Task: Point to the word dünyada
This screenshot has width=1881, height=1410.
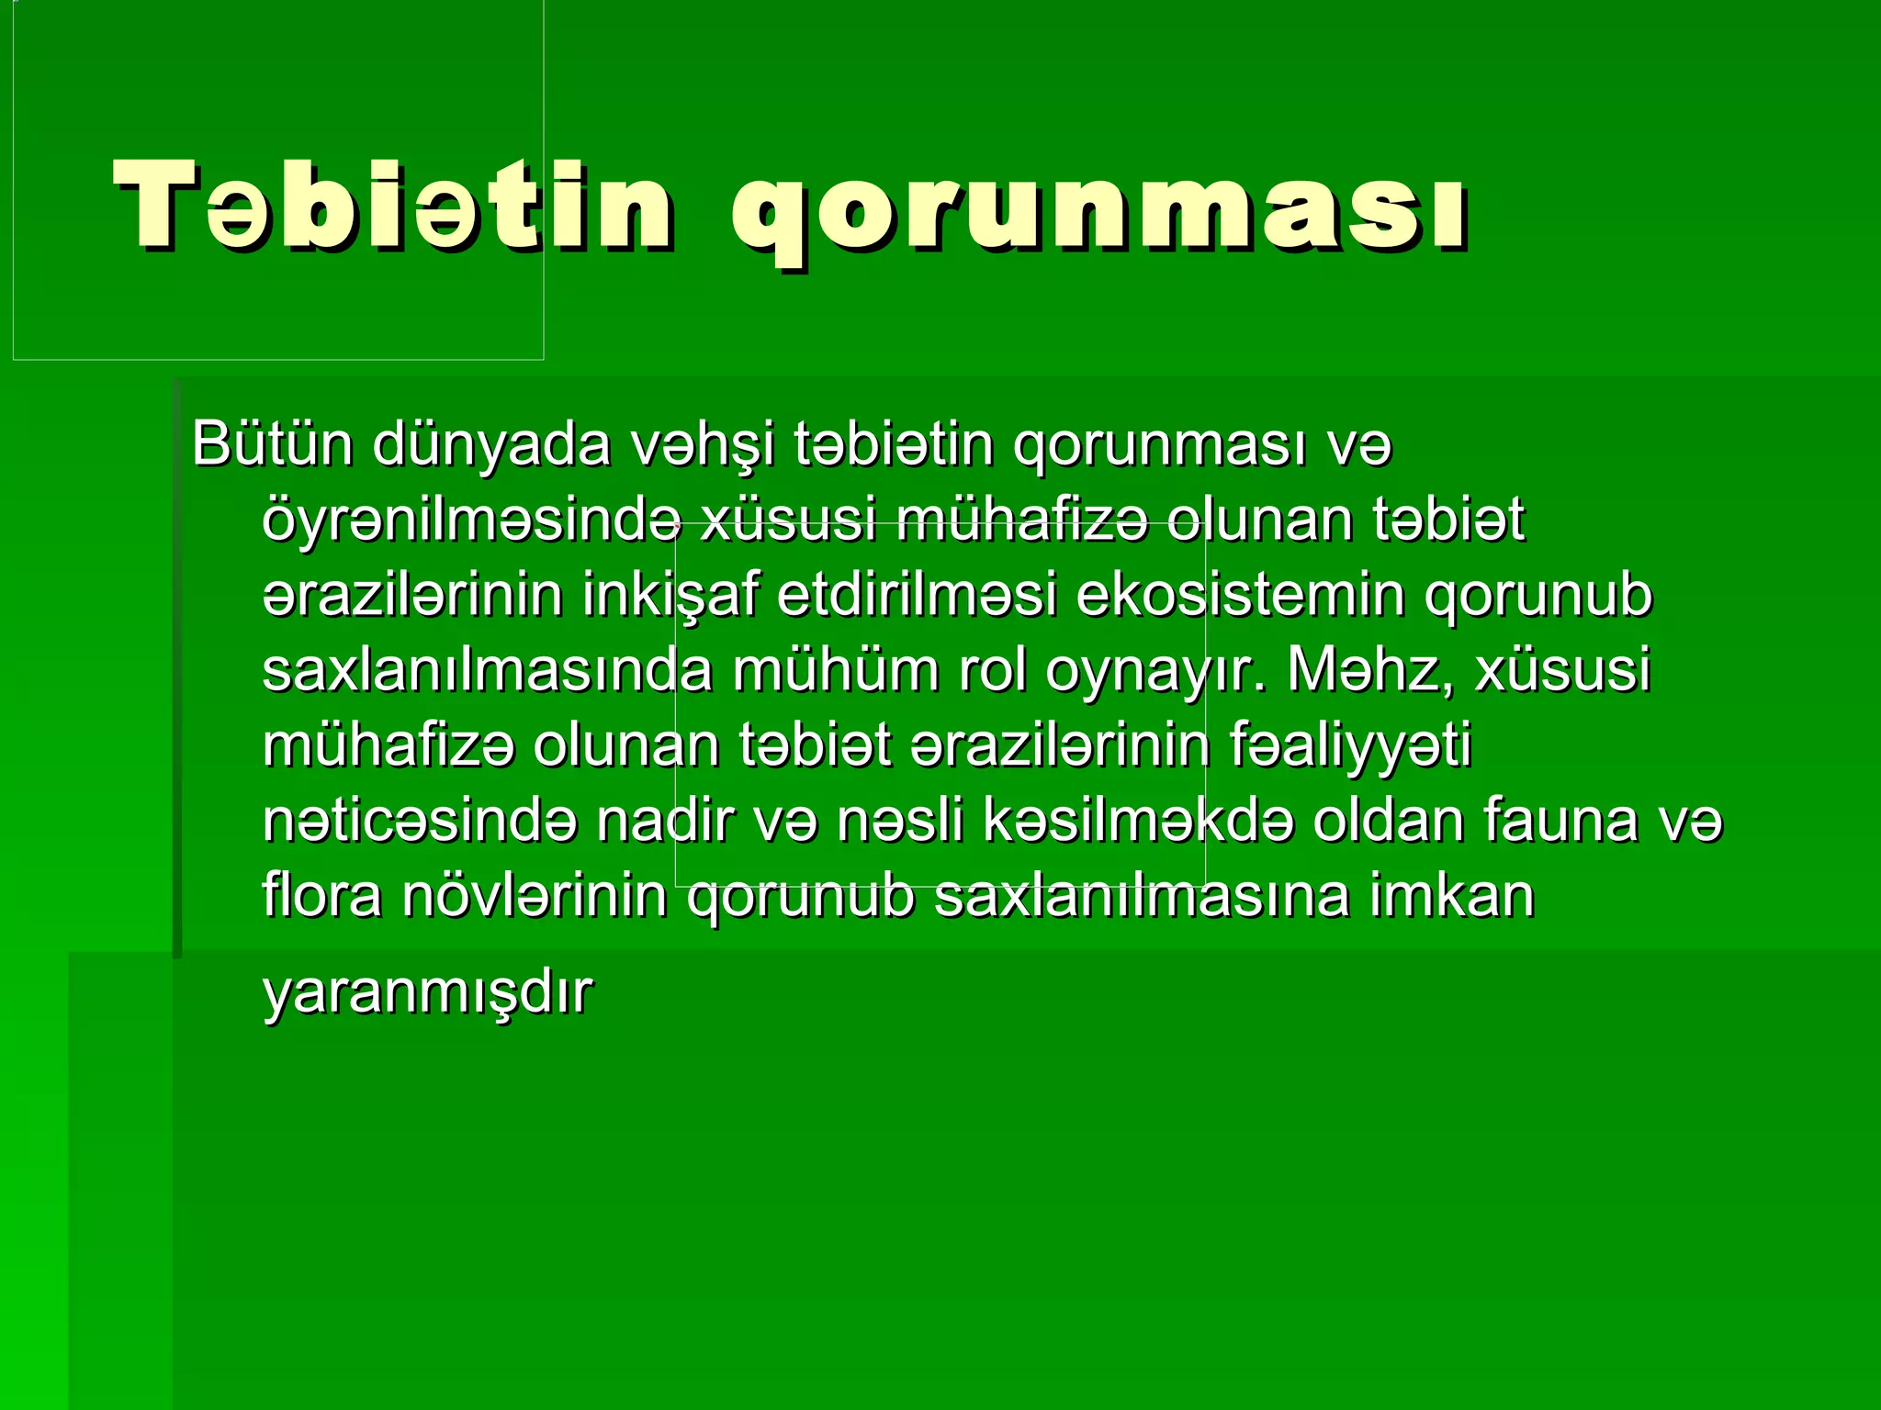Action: click(491, 446)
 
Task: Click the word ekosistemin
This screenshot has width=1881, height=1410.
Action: click(1240, 595)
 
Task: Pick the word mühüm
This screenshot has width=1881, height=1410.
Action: click(836, 670)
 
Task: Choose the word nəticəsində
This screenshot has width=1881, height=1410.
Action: click(420, 821)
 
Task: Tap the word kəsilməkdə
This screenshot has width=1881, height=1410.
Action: click(1138, 821)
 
